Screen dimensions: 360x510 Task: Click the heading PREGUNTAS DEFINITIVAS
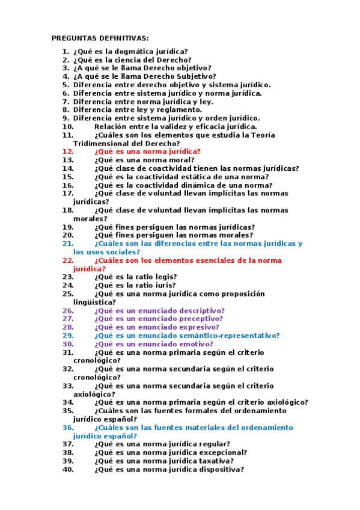(100, 38)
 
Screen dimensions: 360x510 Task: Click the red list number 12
(67, 152)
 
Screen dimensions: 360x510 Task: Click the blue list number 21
(67, 244)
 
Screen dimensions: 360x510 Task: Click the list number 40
(67, 470)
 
